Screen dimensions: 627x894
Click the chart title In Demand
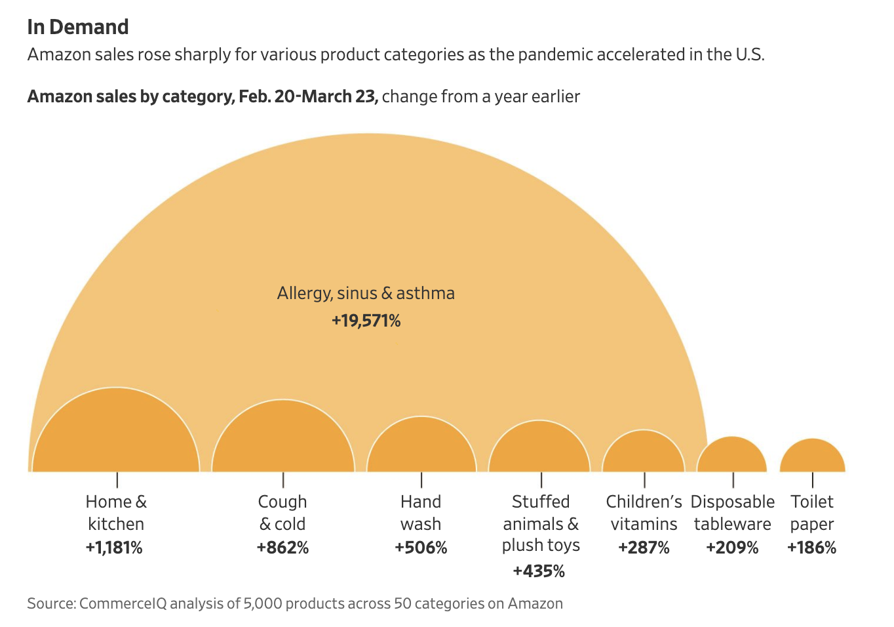[78, 27]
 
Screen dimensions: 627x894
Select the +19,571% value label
[366, 321]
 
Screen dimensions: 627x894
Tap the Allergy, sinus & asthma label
[366, 293]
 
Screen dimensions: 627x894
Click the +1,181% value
[114, 548]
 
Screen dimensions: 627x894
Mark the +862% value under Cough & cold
[282, 548]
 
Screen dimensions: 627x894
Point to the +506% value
[421, 548]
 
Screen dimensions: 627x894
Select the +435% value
[539, 571]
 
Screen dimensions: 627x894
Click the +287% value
[644, 548]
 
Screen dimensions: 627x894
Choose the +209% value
[732, 548]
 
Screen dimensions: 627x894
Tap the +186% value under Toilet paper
[811, 548]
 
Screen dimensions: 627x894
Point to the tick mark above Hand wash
[421, 480]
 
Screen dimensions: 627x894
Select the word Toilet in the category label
[812, 502]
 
